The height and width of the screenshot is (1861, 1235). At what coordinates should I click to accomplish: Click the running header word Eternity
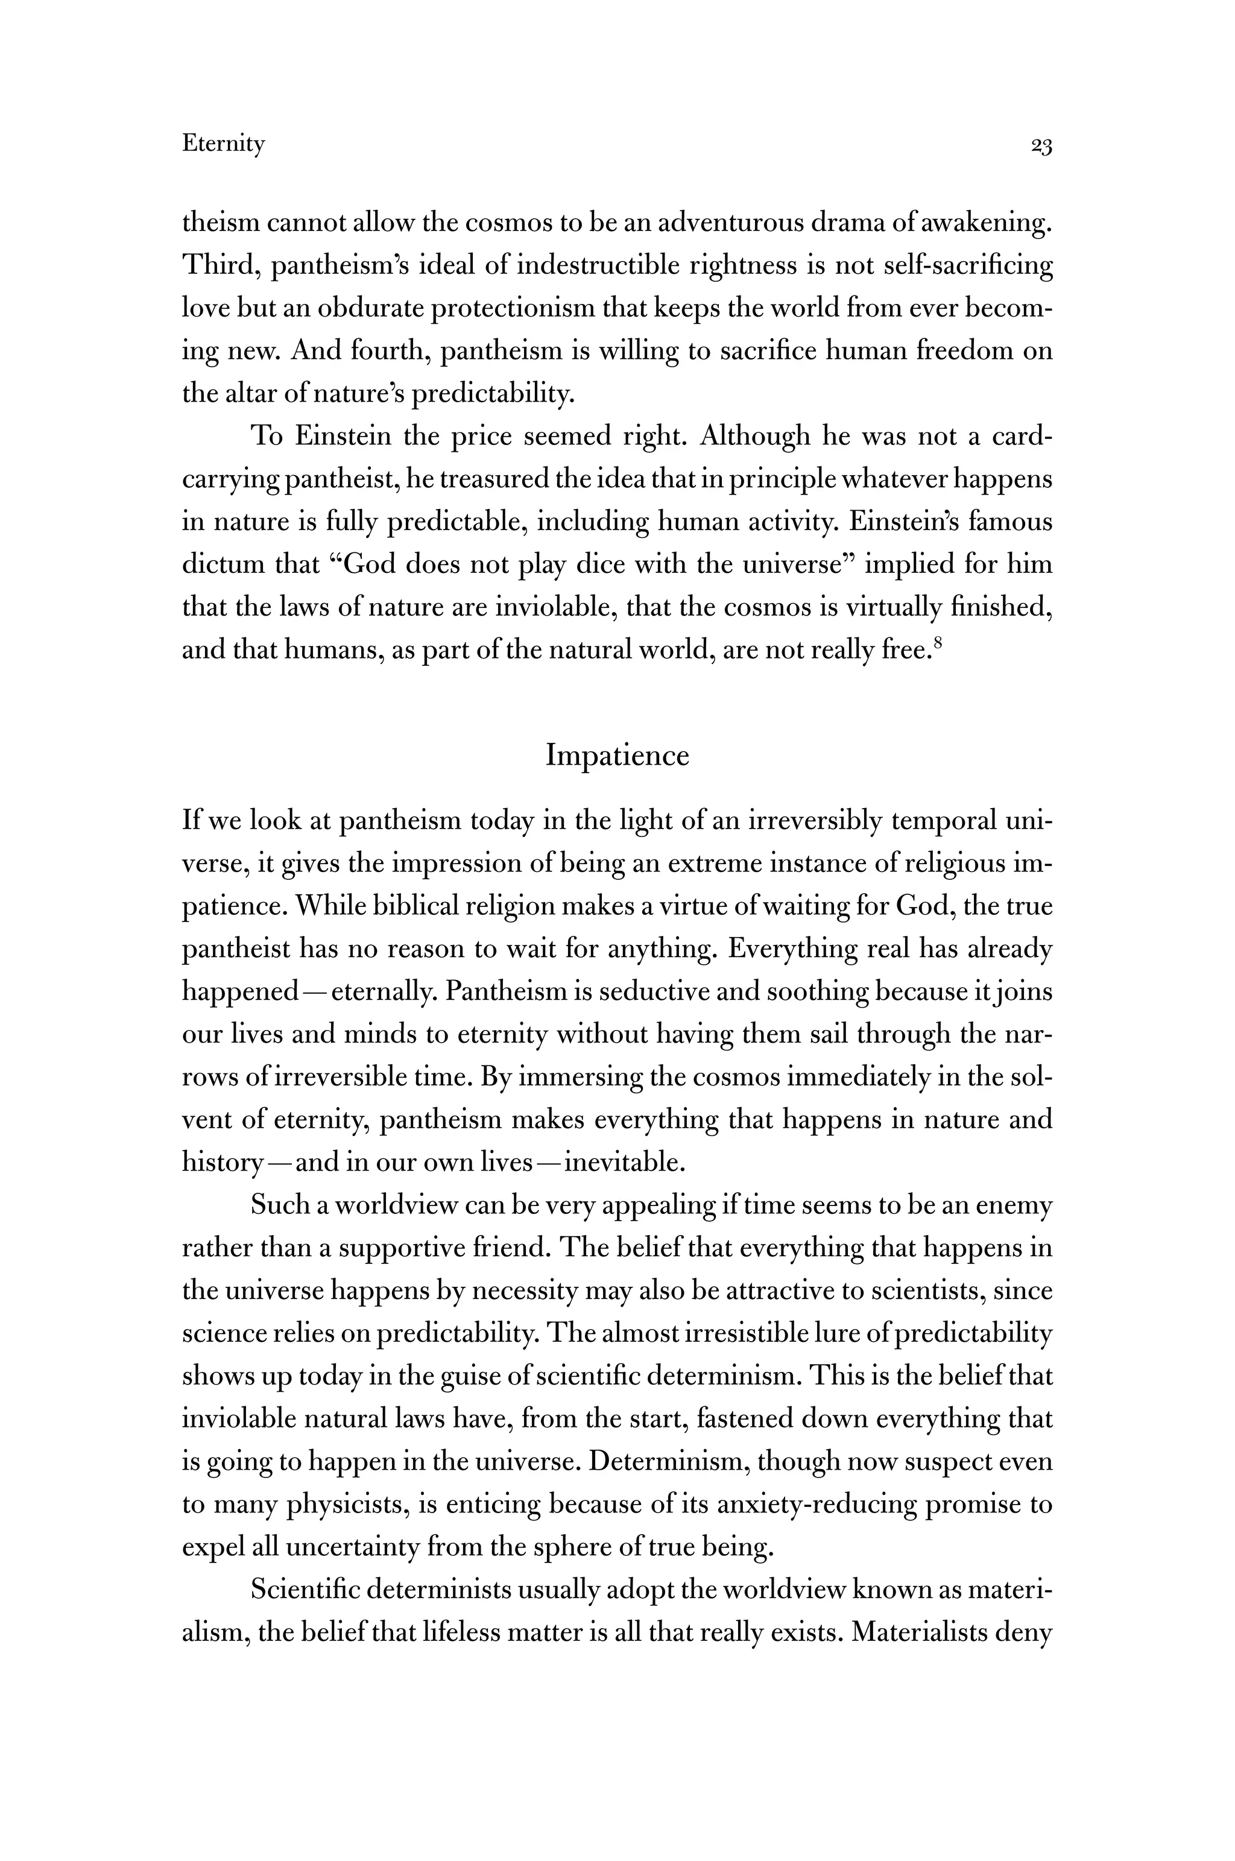[223, 144]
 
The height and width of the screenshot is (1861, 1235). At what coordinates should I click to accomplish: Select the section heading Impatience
[617, 756]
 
